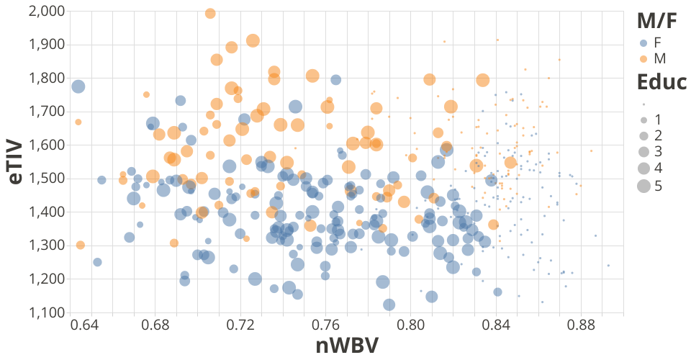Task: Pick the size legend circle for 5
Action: [x=643, y=186]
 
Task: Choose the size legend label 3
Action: [x=658, y=152]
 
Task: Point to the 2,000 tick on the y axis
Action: [x=47, y=12]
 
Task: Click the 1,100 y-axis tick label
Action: [x=47, y=312]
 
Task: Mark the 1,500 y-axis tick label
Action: [x=47, y=178]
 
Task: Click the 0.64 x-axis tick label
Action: [x=85, y=326]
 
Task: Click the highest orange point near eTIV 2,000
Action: [x=210, y=13]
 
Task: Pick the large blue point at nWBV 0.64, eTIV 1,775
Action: [x=78, y=86]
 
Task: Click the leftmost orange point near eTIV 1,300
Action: [x=80, y=245]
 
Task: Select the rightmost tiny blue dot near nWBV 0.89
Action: [x=608, y=265]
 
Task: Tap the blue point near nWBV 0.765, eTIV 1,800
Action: [x=335, y=80]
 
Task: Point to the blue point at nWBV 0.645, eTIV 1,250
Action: [x=97, y=262]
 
